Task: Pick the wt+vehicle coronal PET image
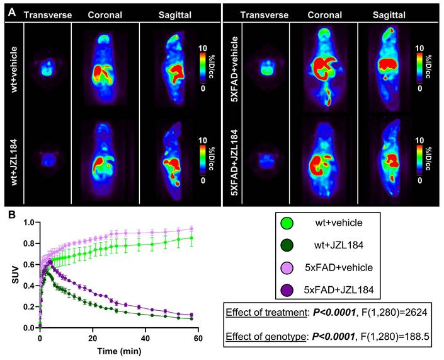(102, 66)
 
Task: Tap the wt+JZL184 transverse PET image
(45, 156)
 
